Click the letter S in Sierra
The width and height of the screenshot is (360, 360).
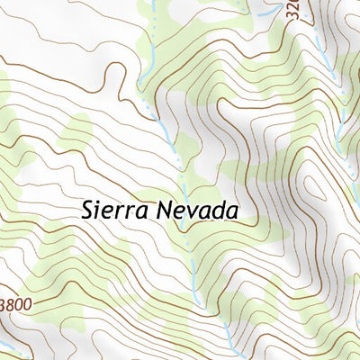87,211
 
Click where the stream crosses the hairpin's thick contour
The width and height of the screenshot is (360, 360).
163,121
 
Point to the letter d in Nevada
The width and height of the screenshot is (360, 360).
224,211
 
